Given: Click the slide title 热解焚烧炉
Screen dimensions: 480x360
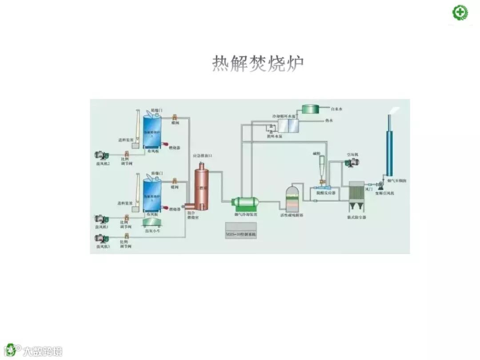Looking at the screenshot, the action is (258, 64).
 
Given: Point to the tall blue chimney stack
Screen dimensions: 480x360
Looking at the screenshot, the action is (390, 147).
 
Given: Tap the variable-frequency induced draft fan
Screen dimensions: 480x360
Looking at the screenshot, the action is (381, 184).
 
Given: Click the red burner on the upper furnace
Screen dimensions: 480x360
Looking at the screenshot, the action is (165, 144).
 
